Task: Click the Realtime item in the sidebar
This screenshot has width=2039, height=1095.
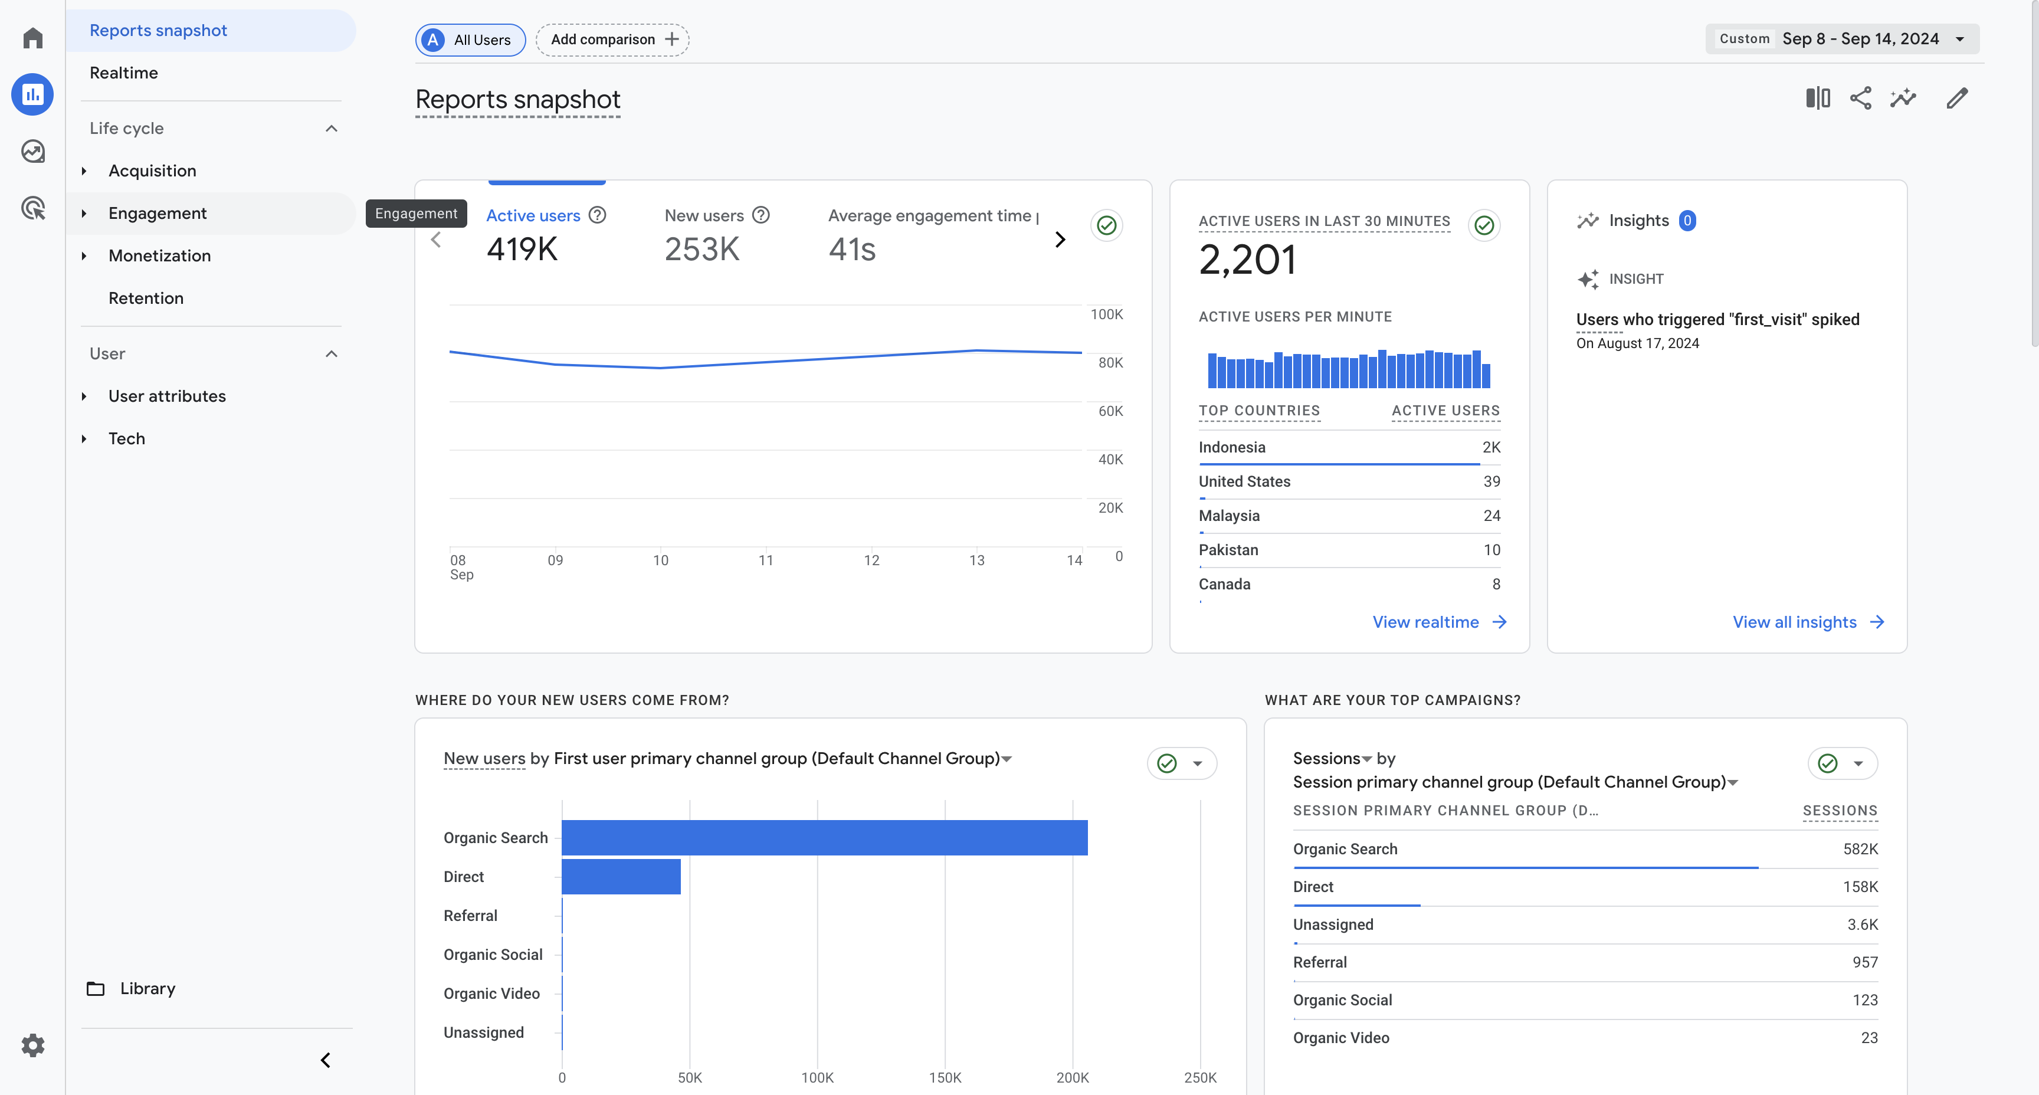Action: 123,73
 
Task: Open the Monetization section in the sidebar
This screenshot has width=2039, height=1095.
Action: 159,255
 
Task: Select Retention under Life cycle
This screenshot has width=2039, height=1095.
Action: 146,299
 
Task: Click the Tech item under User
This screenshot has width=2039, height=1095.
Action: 127,438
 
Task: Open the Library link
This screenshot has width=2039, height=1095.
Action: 147,988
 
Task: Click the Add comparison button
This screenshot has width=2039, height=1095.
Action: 612,40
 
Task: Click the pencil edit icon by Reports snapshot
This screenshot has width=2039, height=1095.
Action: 1956,98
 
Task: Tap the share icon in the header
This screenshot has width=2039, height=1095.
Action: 1860,98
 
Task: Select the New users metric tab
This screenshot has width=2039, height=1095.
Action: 704,215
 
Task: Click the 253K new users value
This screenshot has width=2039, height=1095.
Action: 701,250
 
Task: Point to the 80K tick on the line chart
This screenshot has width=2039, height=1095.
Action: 1110,363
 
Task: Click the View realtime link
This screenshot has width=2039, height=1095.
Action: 1439,622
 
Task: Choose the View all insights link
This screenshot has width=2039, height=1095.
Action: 1808,622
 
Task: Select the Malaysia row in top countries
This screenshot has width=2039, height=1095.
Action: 1349,516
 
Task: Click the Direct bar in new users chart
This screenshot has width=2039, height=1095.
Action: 621,877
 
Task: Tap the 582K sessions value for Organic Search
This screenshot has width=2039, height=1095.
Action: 1860,849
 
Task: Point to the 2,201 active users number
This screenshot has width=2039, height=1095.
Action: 1247,260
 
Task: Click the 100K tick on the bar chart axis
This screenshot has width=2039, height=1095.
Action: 817,1077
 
